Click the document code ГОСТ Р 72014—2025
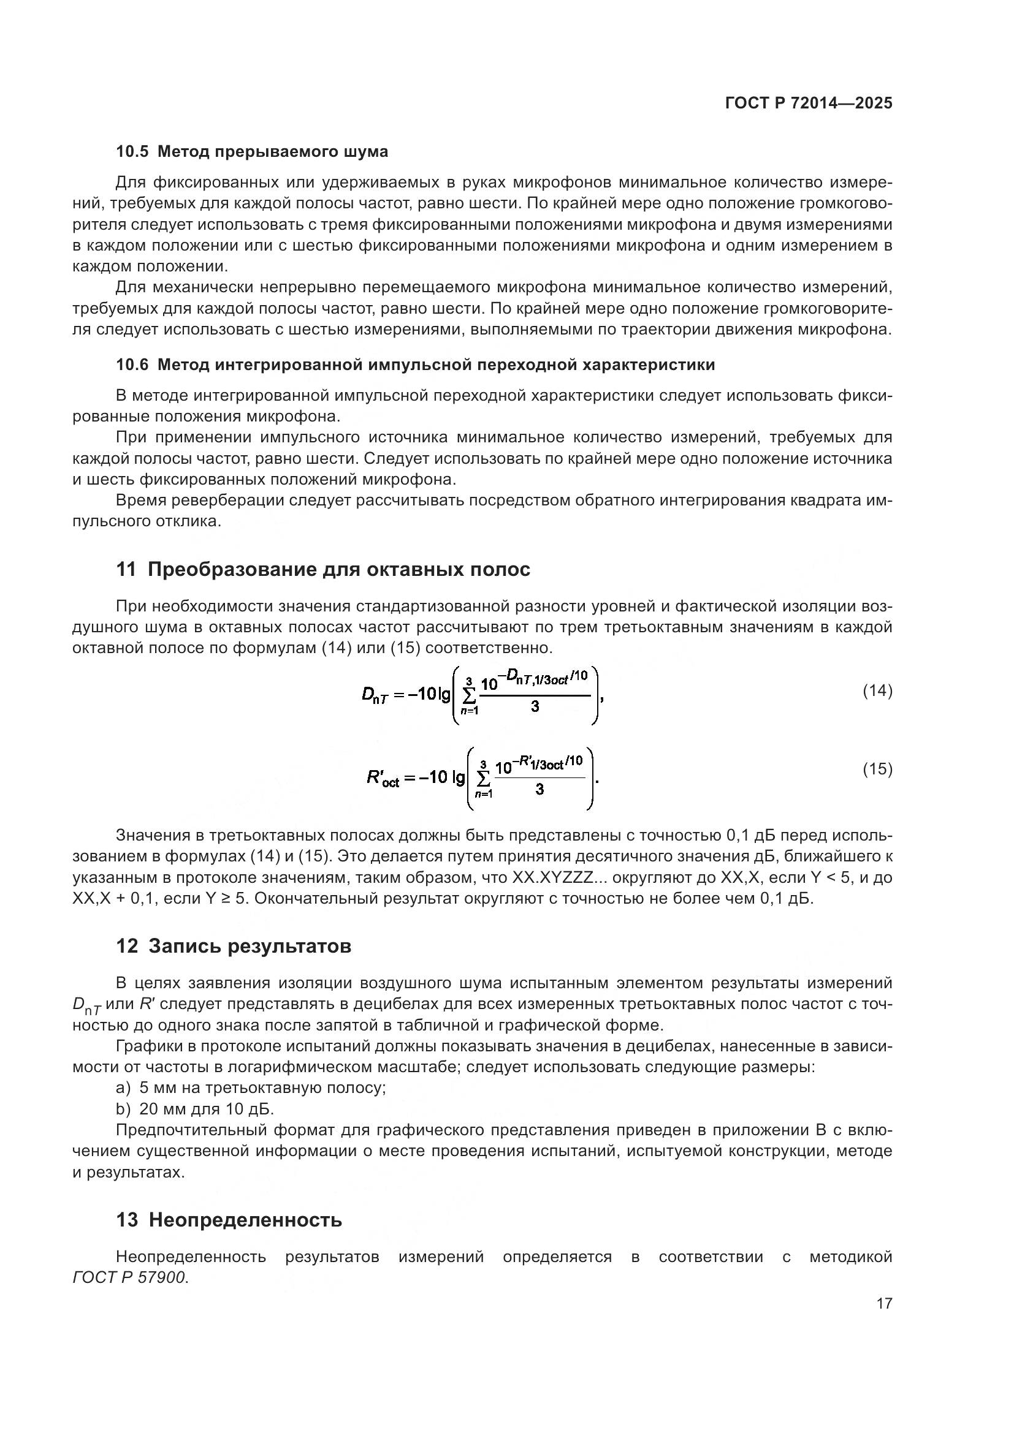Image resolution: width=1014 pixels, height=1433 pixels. (x=809, y=104)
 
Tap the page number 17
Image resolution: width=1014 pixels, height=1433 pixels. (x=884, y=1303)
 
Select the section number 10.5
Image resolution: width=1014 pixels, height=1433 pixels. (x=132, y=152)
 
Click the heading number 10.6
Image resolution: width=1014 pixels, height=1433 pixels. (x=132, y=365)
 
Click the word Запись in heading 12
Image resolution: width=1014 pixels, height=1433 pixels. (x=185, y=946)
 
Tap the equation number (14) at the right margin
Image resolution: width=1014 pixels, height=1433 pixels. (x=877, y=690)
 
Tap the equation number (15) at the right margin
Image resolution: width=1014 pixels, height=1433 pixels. (x=877, y=769)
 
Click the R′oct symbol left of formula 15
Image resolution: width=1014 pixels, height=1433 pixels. (x=382, y=777)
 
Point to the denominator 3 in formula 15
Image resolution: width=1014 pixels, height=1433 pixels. (x=539, y=790)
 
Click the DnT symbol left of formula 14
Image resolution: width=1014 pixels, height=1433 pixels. (x=375, y=695)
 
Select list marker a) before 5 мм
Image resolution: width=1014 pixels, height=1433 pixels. (x=123, y=1088)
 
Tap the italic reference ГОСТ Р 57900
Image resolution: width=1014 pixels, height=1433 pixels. (x=129, y=1277)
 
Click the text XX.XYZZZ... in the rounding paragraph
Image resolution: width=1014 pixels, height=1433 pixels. (x=560, y=877)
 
